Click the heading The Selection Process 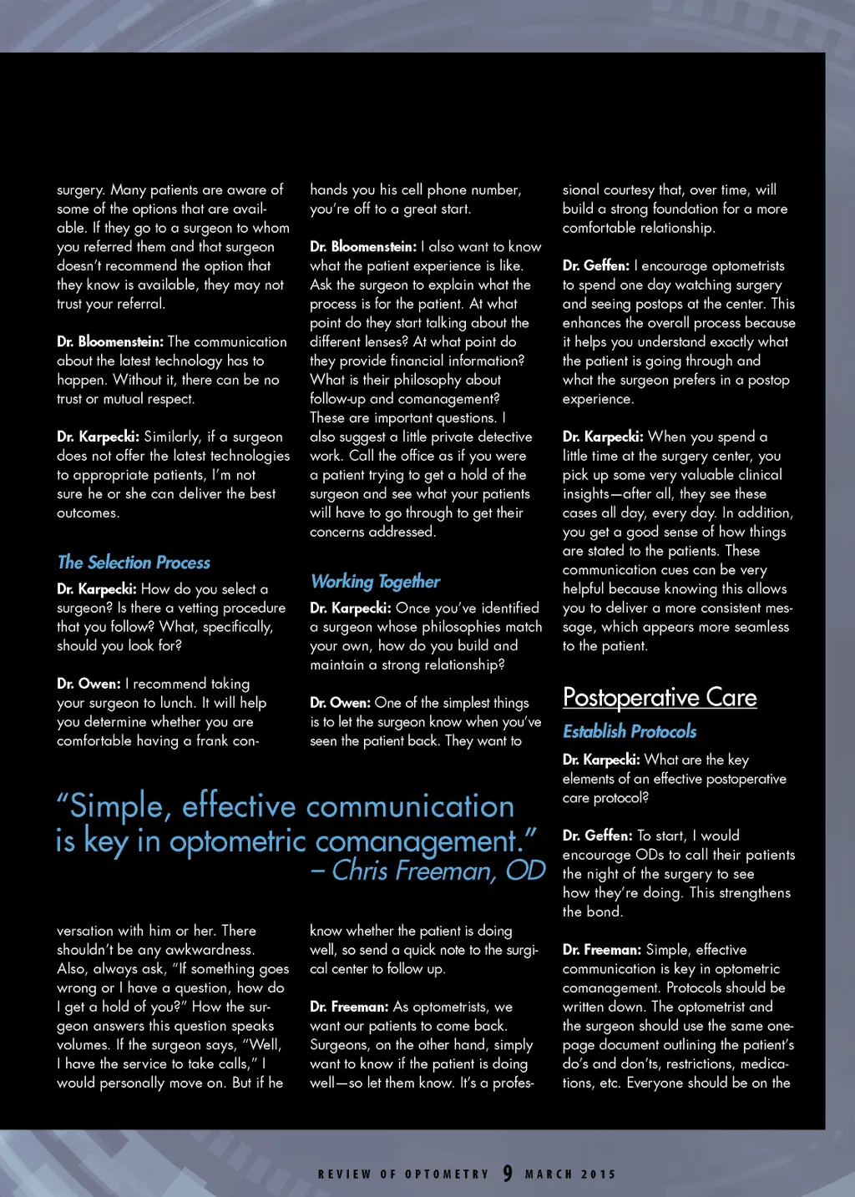pos(134,563)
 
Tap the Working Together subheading pos(375,582)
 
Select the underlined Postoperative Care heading pos(660,698)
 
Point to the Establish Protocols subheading pos(630,732)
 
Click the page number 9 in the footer pos(508,1174)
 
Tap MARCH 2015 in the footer pos(570,1174)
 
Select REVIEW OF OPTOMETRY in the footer pos(403,1174)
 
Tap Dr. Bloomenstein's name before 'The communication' pos(110,342)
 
